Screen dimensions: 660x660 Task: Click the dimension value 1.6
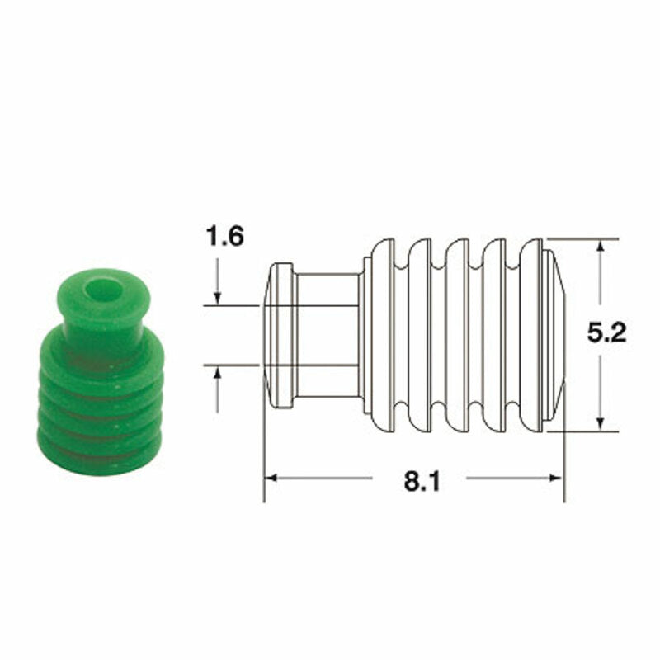(x=224, y=238)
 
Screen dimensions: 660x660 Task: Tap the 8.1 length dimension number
(x=421, y=481)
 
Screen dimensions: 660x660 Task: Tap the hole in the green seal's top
(x=102, y=290)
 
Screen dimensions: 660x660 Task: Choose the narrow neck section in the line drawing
(x=327, y=335)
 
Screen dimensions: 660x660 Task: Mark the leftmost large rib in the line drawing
(x=383, y=335)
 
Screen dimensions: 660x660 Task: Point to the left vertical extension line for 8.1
(x=264, y=454)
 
